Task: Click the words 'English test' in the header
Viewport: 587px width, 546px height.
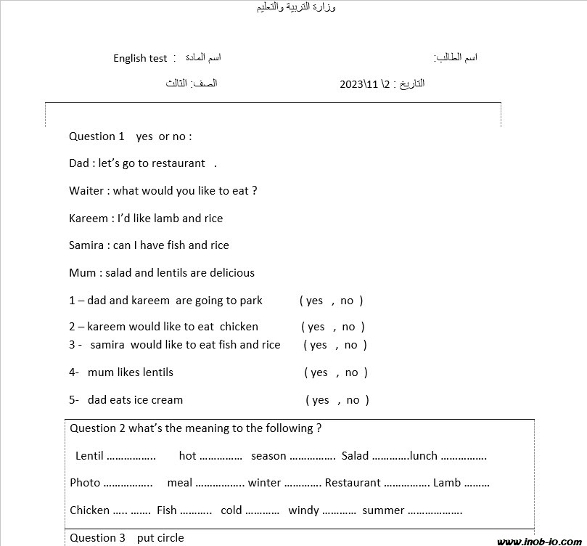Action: point(140,58)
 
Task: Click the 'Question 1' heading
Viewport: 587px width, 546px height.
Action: point(92,136)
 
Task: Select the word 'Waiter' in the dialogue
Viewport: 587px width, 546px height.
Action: point(86,191)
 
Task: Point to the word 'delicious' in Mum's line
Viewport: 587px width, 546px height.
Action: point(231,273)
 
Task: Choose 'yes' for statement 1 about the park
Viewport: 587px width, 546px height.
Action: point(314,301)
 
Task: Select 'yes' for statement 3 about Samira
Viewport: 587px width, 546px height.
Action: point(319,345)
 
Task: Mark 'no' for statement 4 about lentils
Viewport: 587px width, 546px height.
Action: point(352,372)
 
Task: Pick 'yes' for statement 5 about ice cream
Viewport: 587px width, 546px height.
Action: point(321,400)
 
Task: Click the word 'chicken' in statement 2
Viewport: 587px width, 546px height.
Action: point(239,327)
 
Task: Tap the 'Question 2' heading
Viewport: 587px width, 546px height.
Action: point(97,428)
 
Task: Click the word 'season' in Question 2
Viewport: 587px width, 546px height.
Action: point(268,456)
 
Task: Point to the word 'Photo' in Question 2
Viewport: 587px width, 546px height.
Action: point(85,483)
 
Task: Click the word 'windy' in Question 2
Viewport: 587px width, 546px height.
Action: point(303,510)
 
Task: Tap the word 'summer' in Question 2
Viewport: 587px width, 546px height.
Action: point(383,510)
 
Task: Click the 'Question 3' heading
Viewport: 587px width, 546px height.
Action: point(93,538)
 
